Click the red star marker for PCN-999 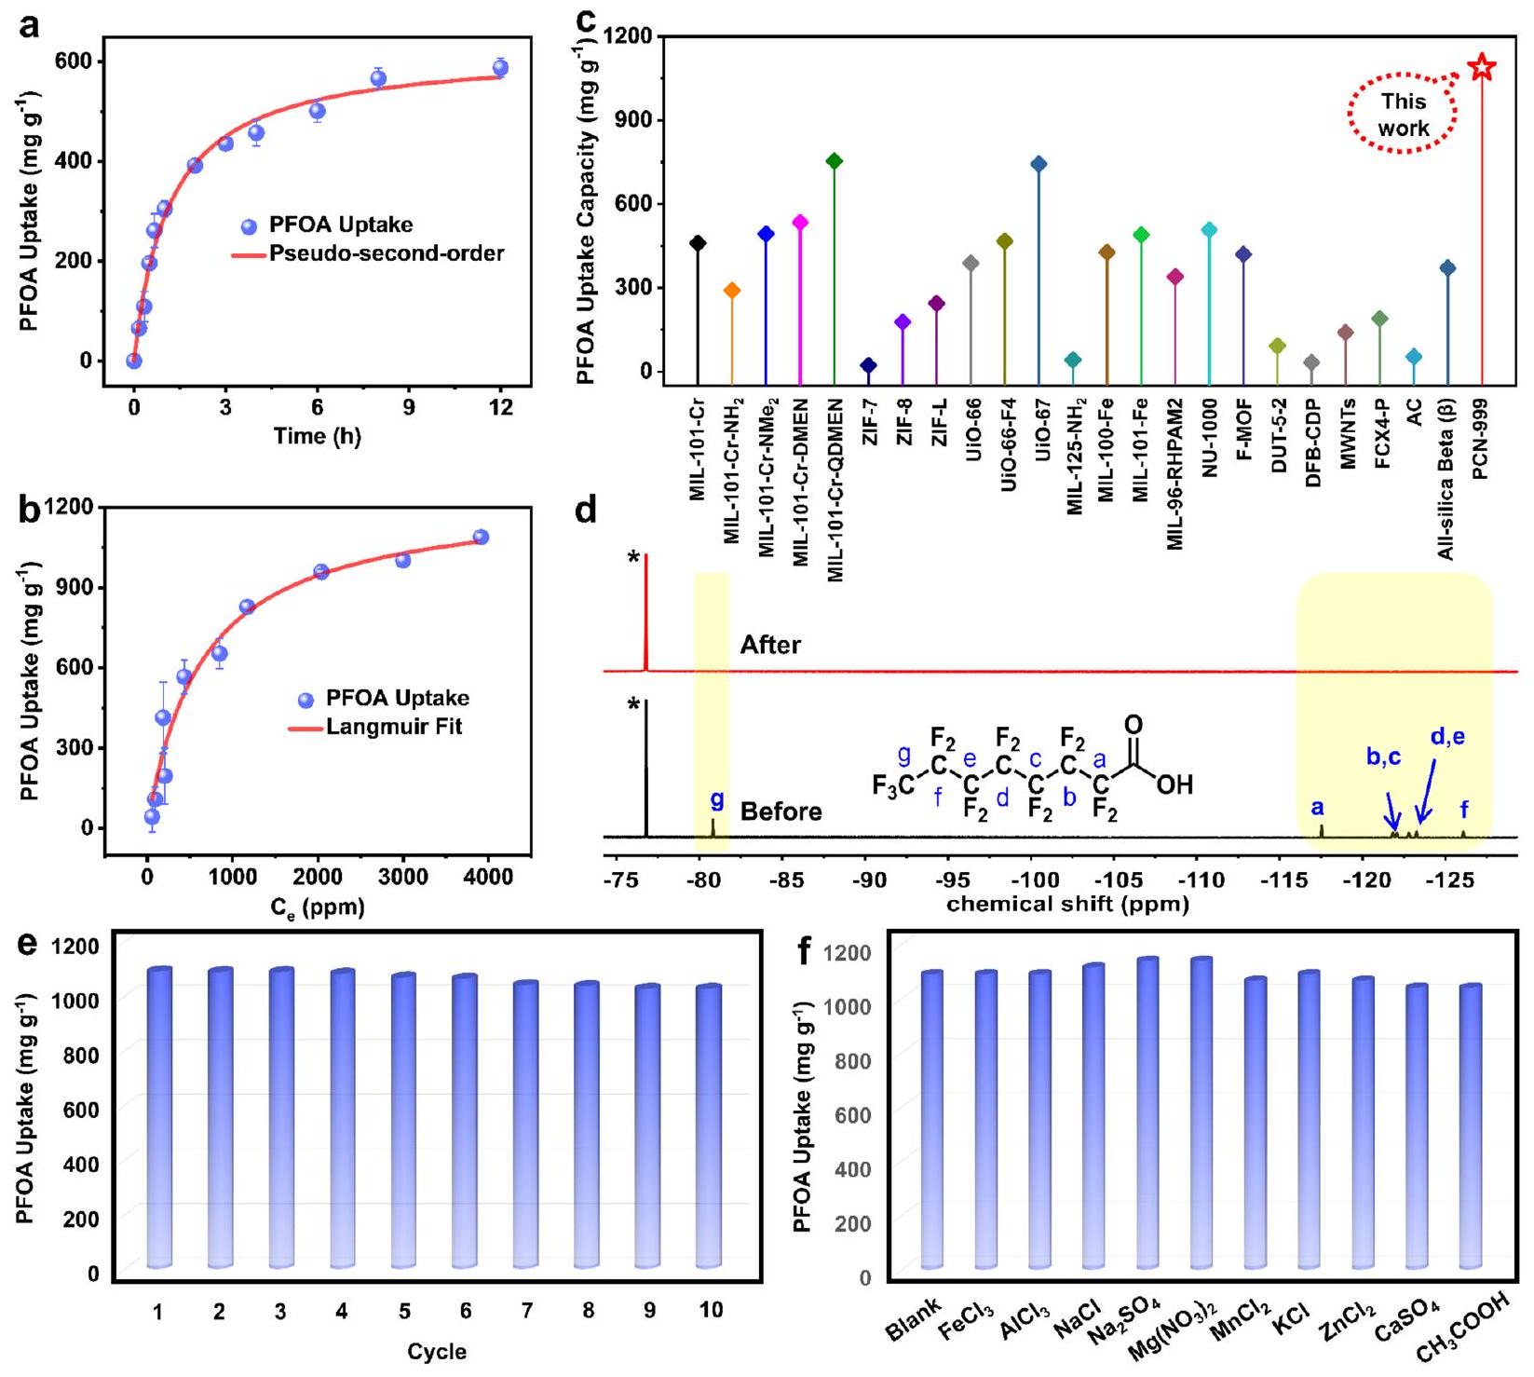[x=1482, y=68]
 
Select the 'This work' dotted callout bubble [x=1403, y=115]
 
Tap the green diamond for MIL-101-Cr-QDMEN [x=835, y=161]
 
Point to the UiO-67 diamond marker [x=1039, y=165]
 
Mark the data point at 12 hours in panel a [x=500, y=68]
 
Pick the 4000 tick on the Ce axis [x=488, y=877]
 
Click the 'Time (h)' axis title [x=317, y=436]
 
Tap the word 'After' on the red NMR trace [x=770, y=645]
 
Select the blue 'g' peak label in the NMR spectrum [x=716, y=799]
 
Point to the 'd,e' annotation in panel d [x=1447, y=737]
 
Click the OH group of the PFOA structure [x=1174, y=784]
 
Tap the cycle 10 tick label [x=711, y=1310]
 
